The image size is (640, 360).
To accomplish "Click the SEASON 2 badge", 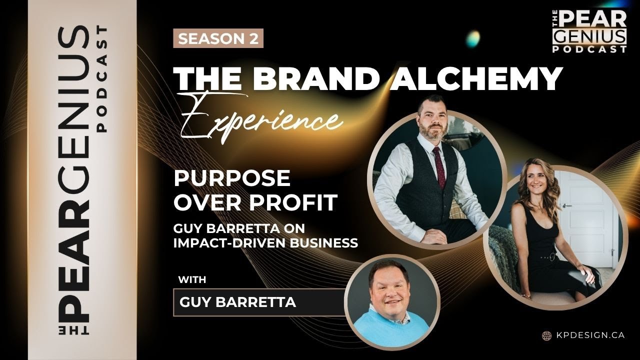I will [218, 39].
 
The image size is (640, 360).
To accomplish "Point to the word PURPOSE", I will [231, 178].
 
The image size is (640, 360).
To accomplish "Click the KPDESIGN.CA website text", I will [589, 335].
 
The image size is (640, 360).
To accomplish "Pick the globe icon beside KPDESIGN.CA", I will [546, 335].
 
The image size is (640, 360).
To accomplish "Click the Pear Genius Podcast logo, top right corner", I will [589, 31].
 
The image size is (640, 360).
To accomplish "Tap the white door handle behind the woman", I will [567, 205].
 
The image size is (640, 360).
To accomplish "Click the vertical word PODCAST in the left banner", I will [101, 80].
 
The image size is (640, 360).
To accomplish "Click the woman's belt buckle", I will [552, 257].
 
